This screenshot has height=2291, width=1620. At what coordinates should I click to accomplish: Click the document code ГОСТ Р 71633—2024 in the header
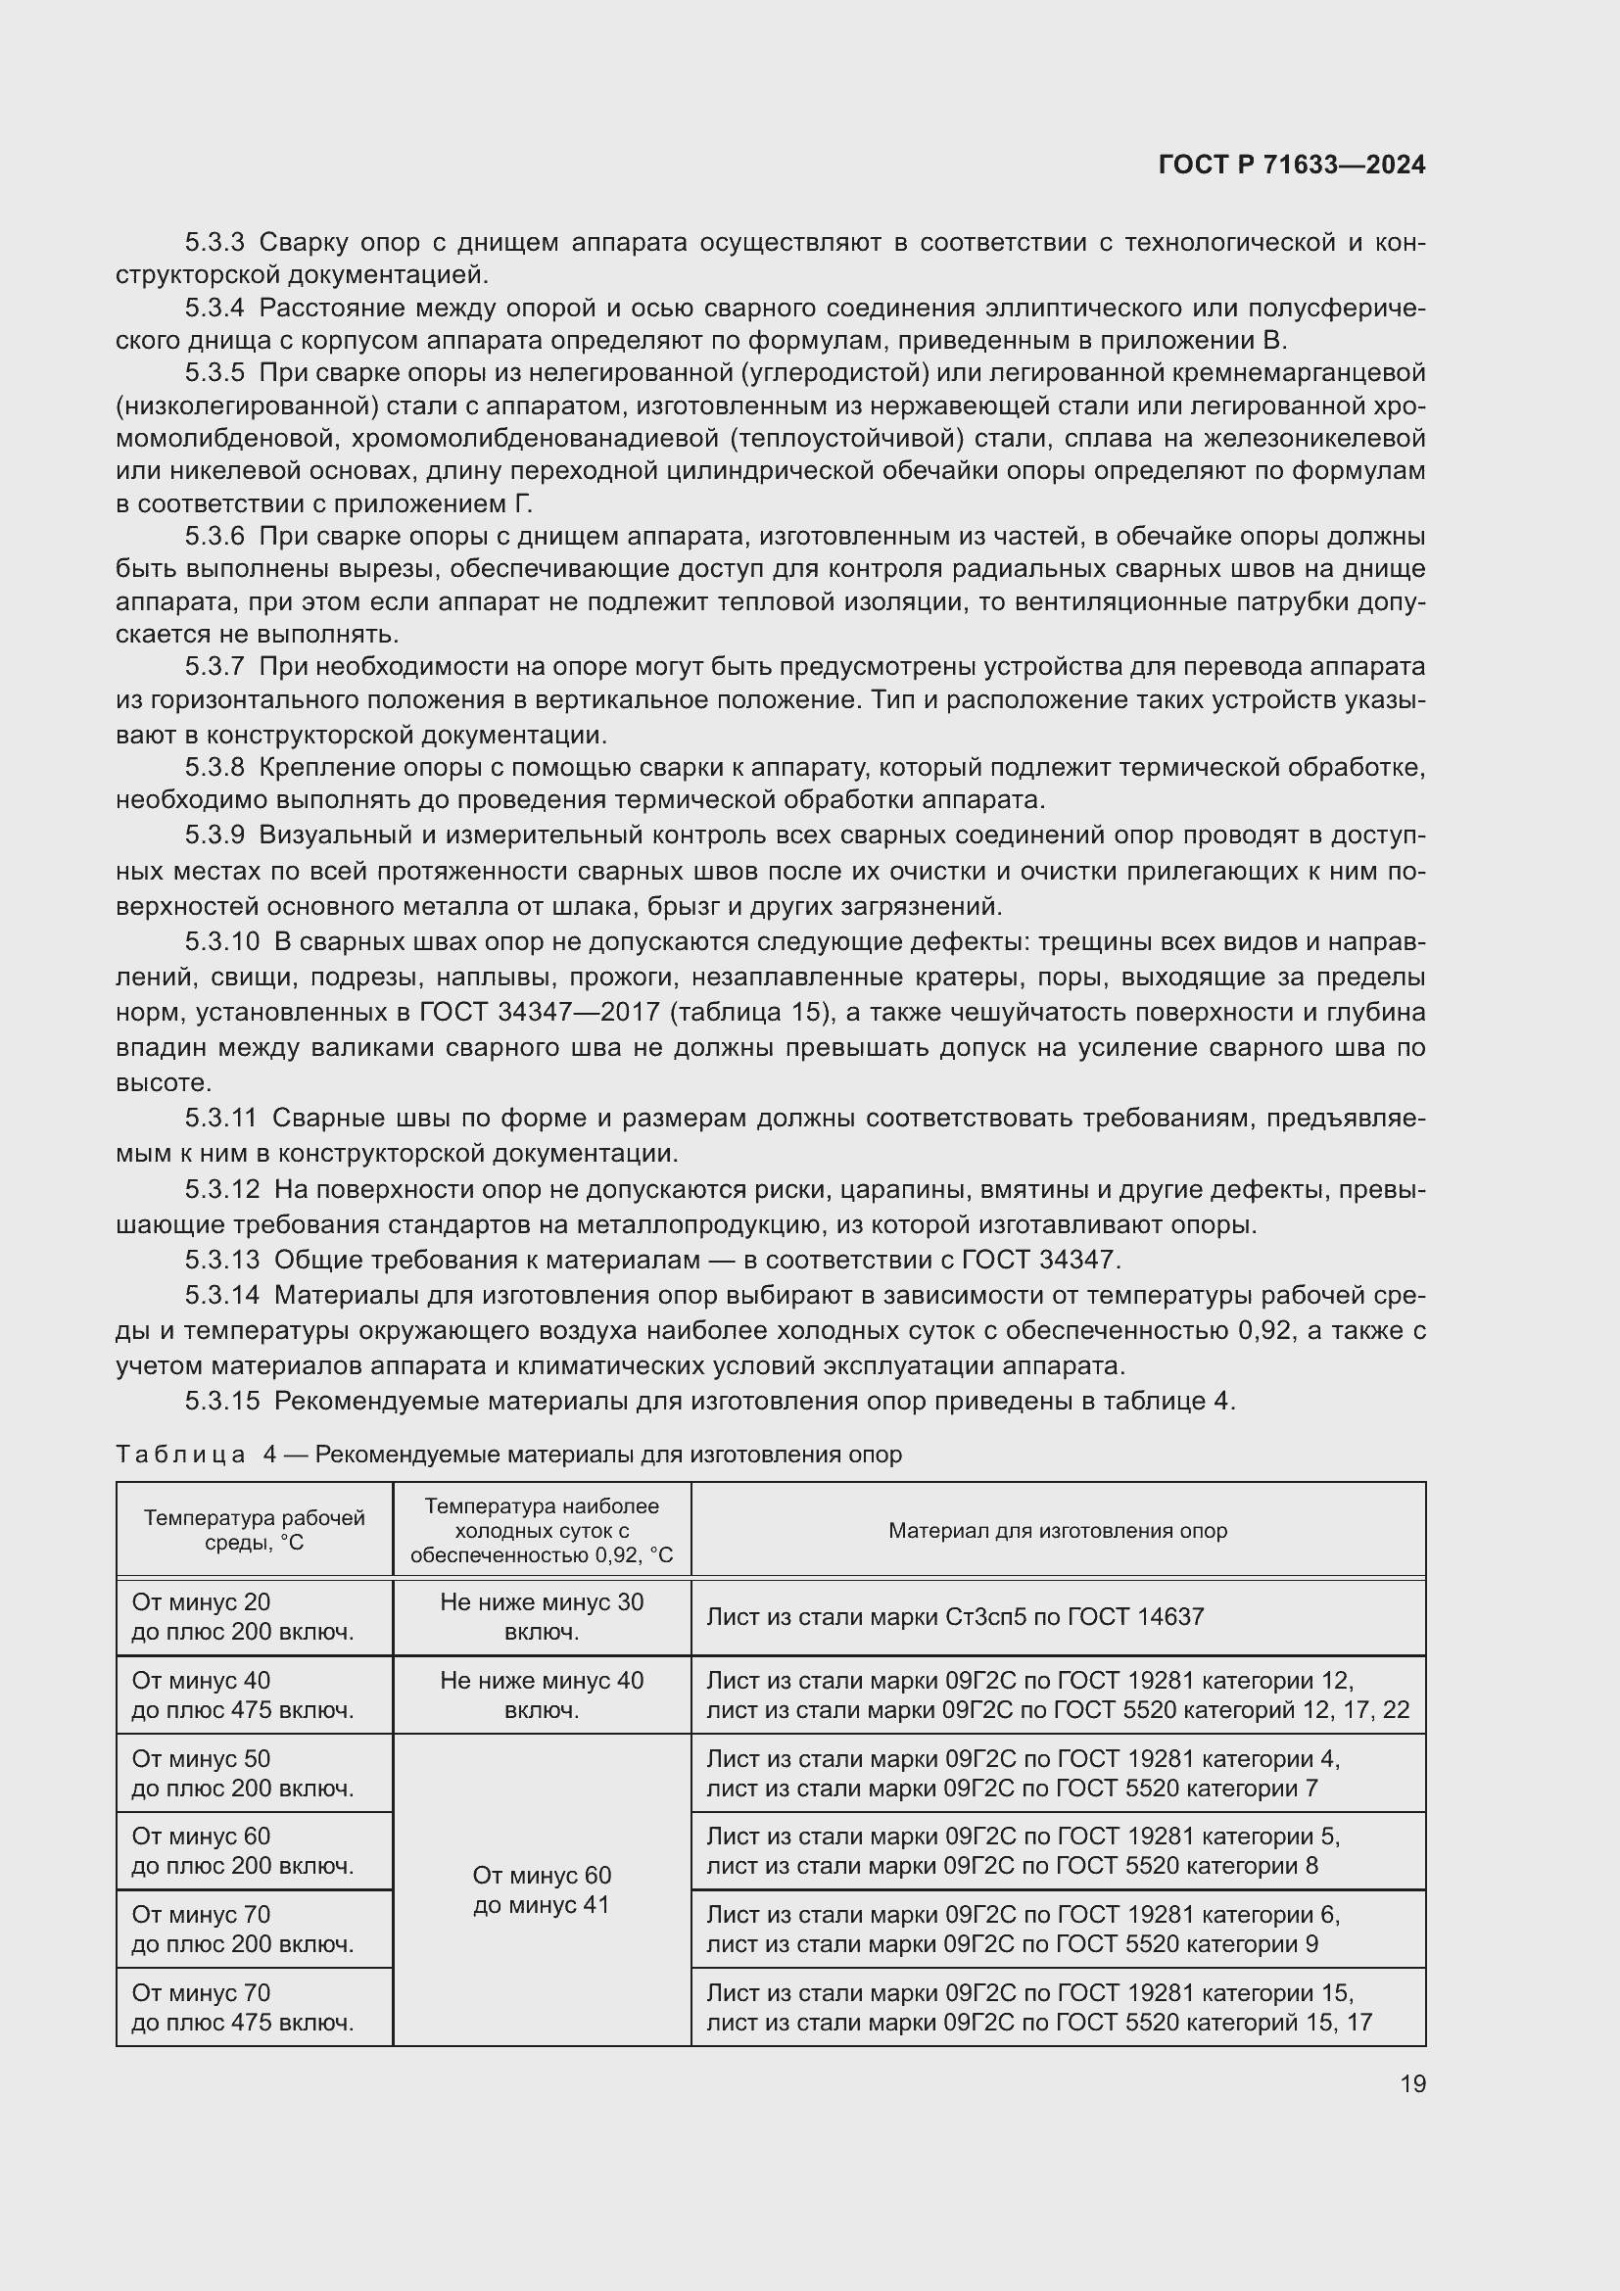1292,165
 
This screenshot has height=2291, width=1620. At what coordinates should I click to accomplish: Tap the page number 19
1412,2083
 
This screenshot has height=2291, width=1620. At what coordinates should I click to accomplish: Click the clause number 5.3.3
214,243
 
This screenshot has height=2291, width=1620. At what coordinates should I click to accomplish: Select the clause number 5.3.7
214,667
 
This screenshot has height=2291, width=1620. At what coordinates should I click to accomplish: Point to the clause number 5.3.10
221,941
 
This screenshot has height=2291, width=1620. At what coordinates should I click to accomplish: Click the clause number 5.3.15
221,1401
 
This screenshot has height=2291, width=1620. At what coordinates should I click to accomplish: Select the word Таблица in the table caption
180,1455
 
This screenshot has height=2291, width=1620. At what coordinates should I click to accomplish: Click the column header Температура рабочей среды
255,1530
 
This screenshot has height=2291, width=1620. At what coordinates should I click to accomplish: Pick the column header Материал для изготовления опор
1058,1530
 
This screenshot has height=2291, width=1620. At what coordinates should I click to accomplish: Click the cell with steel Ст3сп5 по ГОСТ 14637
955,1616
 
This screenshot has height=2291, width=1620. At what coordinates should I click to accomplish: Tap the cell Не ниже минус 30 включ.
542,1616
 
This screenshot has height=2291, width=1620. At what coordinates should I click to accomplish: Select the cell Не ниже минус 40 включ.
542,1694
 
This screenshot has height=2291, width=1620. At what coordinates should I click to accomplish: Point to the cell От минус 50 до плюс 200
242,1772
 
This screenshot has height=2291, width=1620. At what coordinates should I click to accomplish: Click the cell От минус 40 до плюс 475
242,1694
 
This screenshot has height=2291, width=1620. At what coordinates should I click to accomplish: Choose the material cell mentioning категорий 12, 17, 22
1058,1694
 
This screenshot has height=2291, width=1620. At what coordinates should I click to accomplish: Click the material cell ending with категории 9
1023,1929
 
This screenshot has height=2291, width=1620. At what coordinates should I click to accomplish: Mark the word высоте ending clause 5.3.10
164,1082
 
